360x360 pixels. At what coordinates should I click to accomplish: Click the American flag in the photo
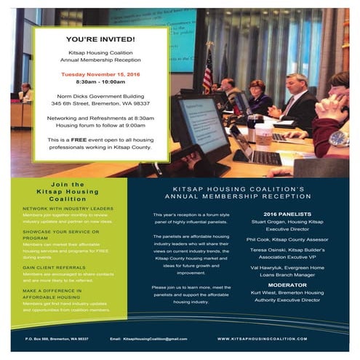click(x=207, y=73)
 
